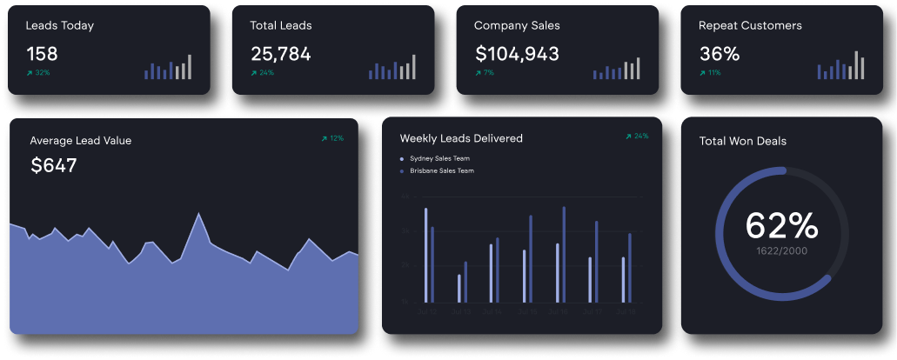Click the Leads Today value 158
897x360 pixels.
(42, 54)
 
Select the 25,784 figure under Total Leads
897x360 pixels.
(280, 54)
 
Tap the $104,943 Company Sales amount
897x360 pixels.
(517, 54)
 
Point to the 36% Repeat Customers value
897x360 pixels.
(719, 54)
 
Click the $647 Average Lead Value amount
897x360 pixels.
(54, 165)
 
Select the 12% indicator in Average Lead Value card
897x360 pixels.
(332, 138)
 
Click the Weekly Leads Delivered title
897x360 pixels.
(461, 138)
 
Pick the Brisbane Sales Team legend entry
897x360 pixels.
(442, 171)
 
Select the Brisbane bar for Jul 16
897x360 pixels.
(564, 253)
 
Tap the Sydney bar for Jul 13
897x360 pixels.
(459, 288)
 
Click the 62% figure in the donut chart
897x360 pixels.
(781, 226)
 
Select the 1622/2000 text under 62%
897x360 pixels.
(781, 250)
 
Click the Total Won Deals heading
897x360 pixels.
(743, 141)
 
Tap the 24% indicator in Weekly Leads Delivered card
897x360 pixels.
(637, 137)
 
